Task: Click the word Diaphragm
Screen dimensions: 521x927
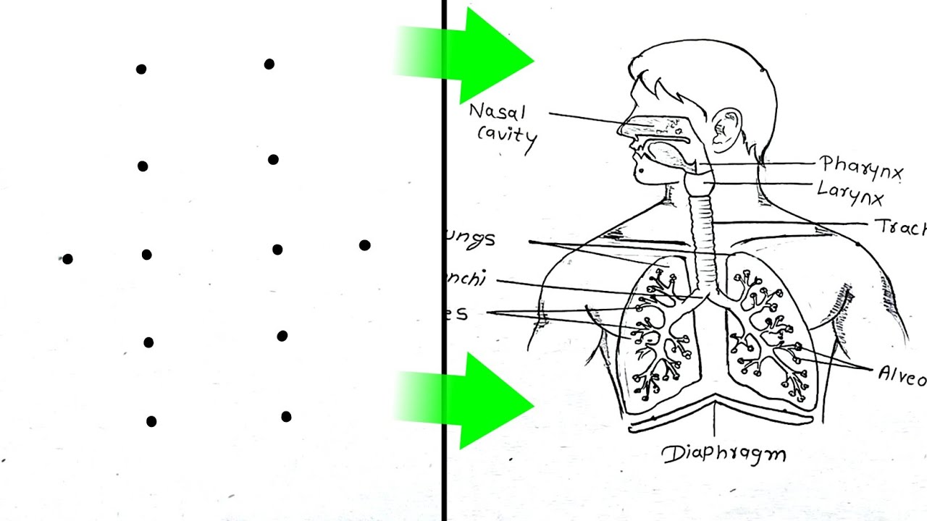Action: tap(724, 454)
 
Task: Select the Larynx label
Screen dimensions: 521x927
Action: tap(850, 192)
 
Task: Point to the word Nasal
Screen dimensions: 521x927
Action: tap(497, 112)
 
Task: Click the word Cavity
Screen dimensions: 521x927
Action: tap(507, 135)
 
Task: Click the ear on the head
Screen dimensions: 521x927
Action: tap(726, 129)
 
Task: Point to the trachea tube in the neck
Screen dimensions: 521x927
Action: tap(701, 232)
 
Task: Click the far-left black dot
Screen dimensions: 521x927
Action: tap(67, 259)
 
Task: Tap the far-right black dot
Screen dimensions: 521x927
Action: tap(364, 245)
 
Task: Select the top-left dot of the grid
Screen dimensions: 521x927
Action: tap(141, 69)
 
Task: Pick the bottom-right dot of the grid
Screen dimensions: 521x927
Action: tap(286, 417)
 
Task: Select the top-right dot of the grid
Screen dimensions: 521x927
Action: tap(269, 64)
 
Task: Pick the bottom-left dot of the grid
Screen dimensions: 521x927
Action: tap(151, 421)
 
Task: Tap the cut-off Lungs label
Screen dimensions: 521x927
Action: tap(471, 239)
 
